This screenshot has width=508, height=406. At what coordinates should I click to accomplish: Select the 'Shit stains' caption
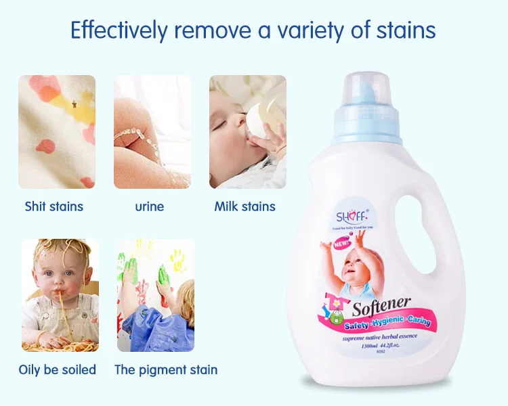click(54, 206)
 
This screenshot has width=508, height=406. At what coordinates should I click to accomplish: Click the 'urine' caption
click(149, 206)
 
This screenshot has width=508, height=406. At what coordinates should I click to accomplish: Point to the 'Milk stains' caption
click(245, 206)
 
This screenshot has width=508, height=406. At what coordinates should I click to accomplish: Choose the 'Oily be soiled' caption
click(58, 369)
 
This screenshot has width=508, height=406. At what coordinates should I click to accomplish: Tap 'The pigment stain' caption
click(166, 369)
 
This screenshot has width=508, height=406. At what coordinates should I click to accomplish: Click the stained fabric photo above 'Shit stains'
click(56, 131)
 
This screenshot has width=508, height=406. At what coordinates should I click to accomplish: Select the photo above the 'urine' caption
click(152, 131)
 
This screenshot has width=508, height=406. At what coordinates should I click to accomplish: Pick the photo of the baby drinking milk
click(247, 131)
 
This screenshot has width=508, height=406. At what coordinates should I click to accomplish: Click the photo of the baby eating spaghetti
click(60, 295)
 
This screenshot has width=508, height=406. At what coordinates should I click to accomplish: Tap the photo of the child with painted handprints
click(155, 295)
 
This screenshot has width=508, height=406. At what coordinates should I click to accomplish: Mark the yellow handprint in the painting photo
click(177, 258)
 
